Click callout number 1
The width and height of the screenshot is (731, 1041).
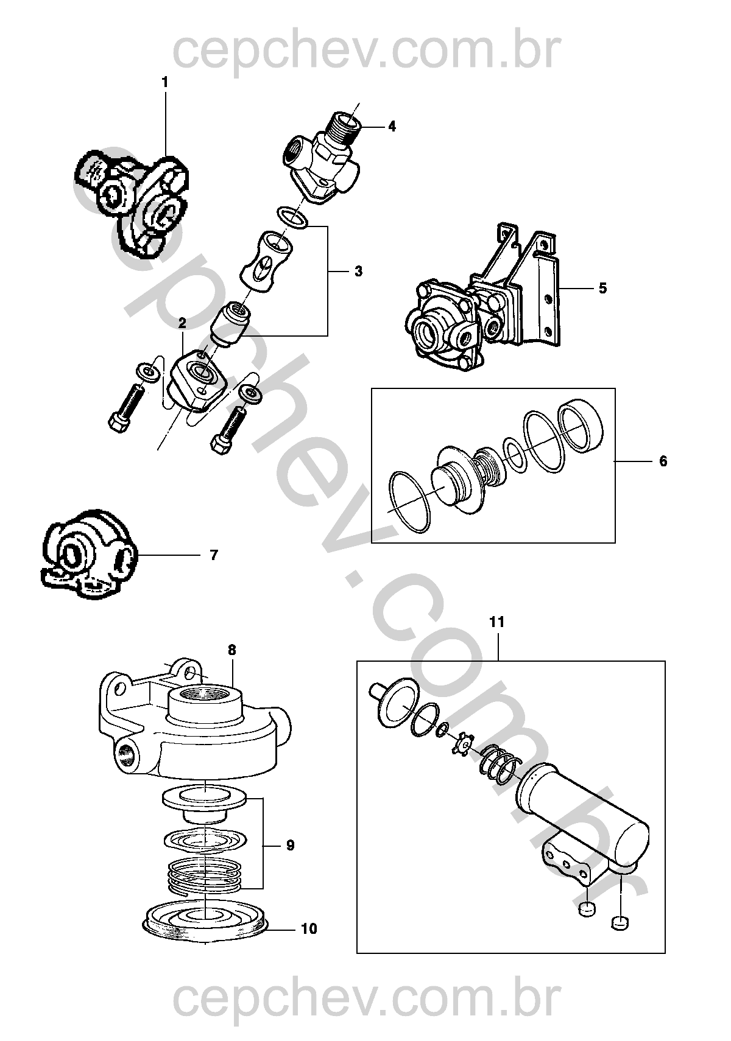click(164, 82)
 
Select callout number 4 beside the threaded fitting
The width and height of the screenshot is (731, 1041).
click(392, 126)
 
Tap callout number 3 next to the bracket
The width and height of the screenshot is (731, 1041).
click(358, 272)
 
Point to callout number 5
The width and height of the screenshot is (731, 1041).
click(602, 288)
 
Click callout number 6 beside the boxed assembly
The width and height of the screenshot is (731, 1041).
click(663, 461)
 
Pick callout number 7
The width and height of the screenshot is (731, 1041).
click(213, 555)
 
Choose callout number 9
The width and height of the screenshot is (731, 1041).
click(290, 845)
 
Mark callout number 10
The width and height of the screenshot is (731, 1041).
click(309, 928)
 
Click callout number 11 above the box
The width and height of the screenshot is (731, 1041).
click(497, 622)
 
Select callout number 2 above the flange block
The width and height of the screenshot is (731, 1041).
click(182, 323)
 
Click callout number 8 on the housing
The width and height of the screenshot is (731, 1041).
click(231, 650)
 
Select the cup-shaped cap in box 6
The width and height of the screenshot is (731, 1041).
click(581, 426)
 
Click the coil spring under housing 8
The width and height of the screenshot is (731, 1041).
click(205, 873)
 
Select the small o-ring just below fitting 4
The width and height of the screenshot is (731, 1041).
click(292, 218)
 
